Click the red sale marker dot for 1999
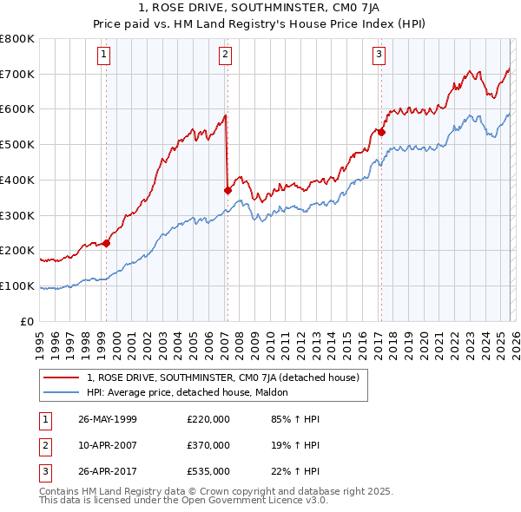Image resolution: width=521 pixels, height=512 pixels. [107, 243]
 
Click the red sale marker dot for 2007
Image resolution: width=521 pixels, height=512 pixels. [228, 190]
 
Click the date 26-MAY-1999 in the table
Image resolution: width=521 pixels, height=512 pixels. [107, 419]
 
